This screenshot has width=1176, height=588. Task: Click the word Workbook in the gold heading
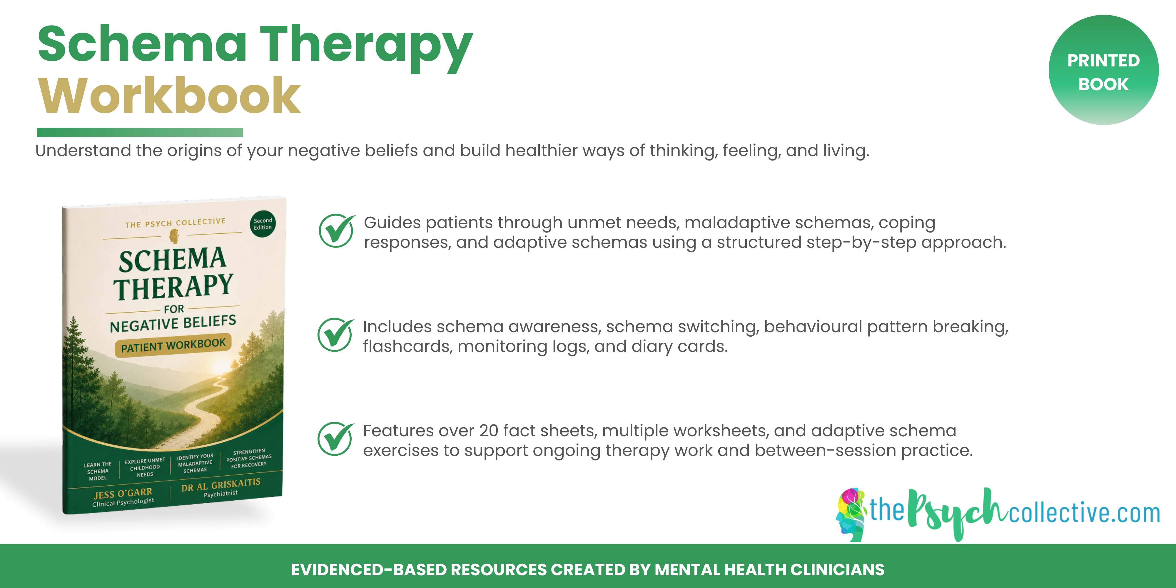pyautogui.click(x=169, y=96)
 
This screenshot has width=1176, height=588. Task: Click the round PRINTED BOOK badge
pyautogui.click(x=1103, y=70)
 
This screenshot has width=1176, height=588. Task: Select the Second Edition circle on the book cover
pyautogui.click(x=263, y=224)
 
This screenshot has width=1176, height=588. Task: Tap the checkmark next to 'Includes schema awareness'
pyautogui.click(x=335, y=335)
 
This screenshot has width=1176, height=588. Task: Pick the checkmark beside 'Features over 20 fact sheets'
pyautogui.click(x=335, y=439)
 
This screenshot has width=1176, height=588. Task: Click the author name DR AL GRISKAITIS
pyautogui.click(x=221, y=485)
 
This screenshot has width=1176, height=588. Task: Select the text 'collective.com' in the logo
pyautogui.click(x=1085, y=513)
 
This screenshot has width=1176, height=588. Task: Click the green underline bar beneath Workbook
pyautogui.click(x=140, y=132)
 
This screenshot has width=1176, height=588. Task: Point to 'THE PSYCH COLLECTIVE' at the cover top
pyautogui.click(x=175, y=223)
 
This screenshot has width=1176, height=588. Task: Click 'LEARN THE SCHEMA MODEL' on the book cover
pyautogui.click(x=98, y=471)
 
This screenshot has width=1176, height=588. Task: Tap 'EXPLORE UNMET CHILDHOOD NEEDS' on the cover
pyautogui.click(x=145, y=467)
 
